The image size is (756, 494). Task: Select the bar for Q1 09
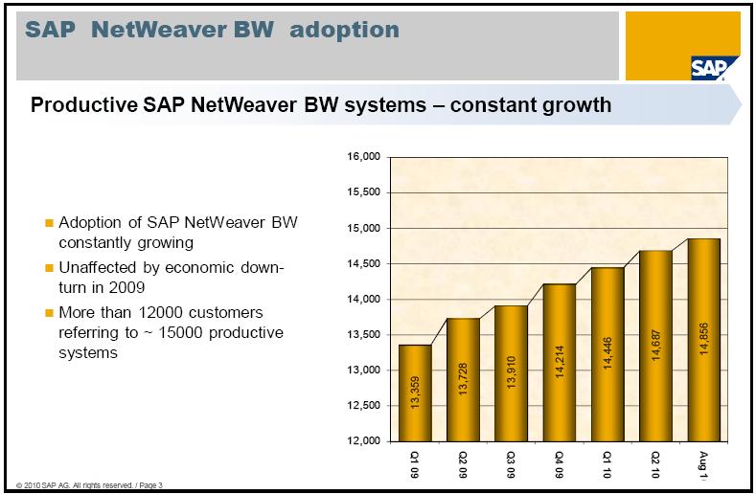[415, 393]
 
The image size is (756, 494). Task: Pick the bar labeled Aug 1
[704, 340]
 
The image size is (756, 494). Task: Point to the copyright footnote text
[82, 483]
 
